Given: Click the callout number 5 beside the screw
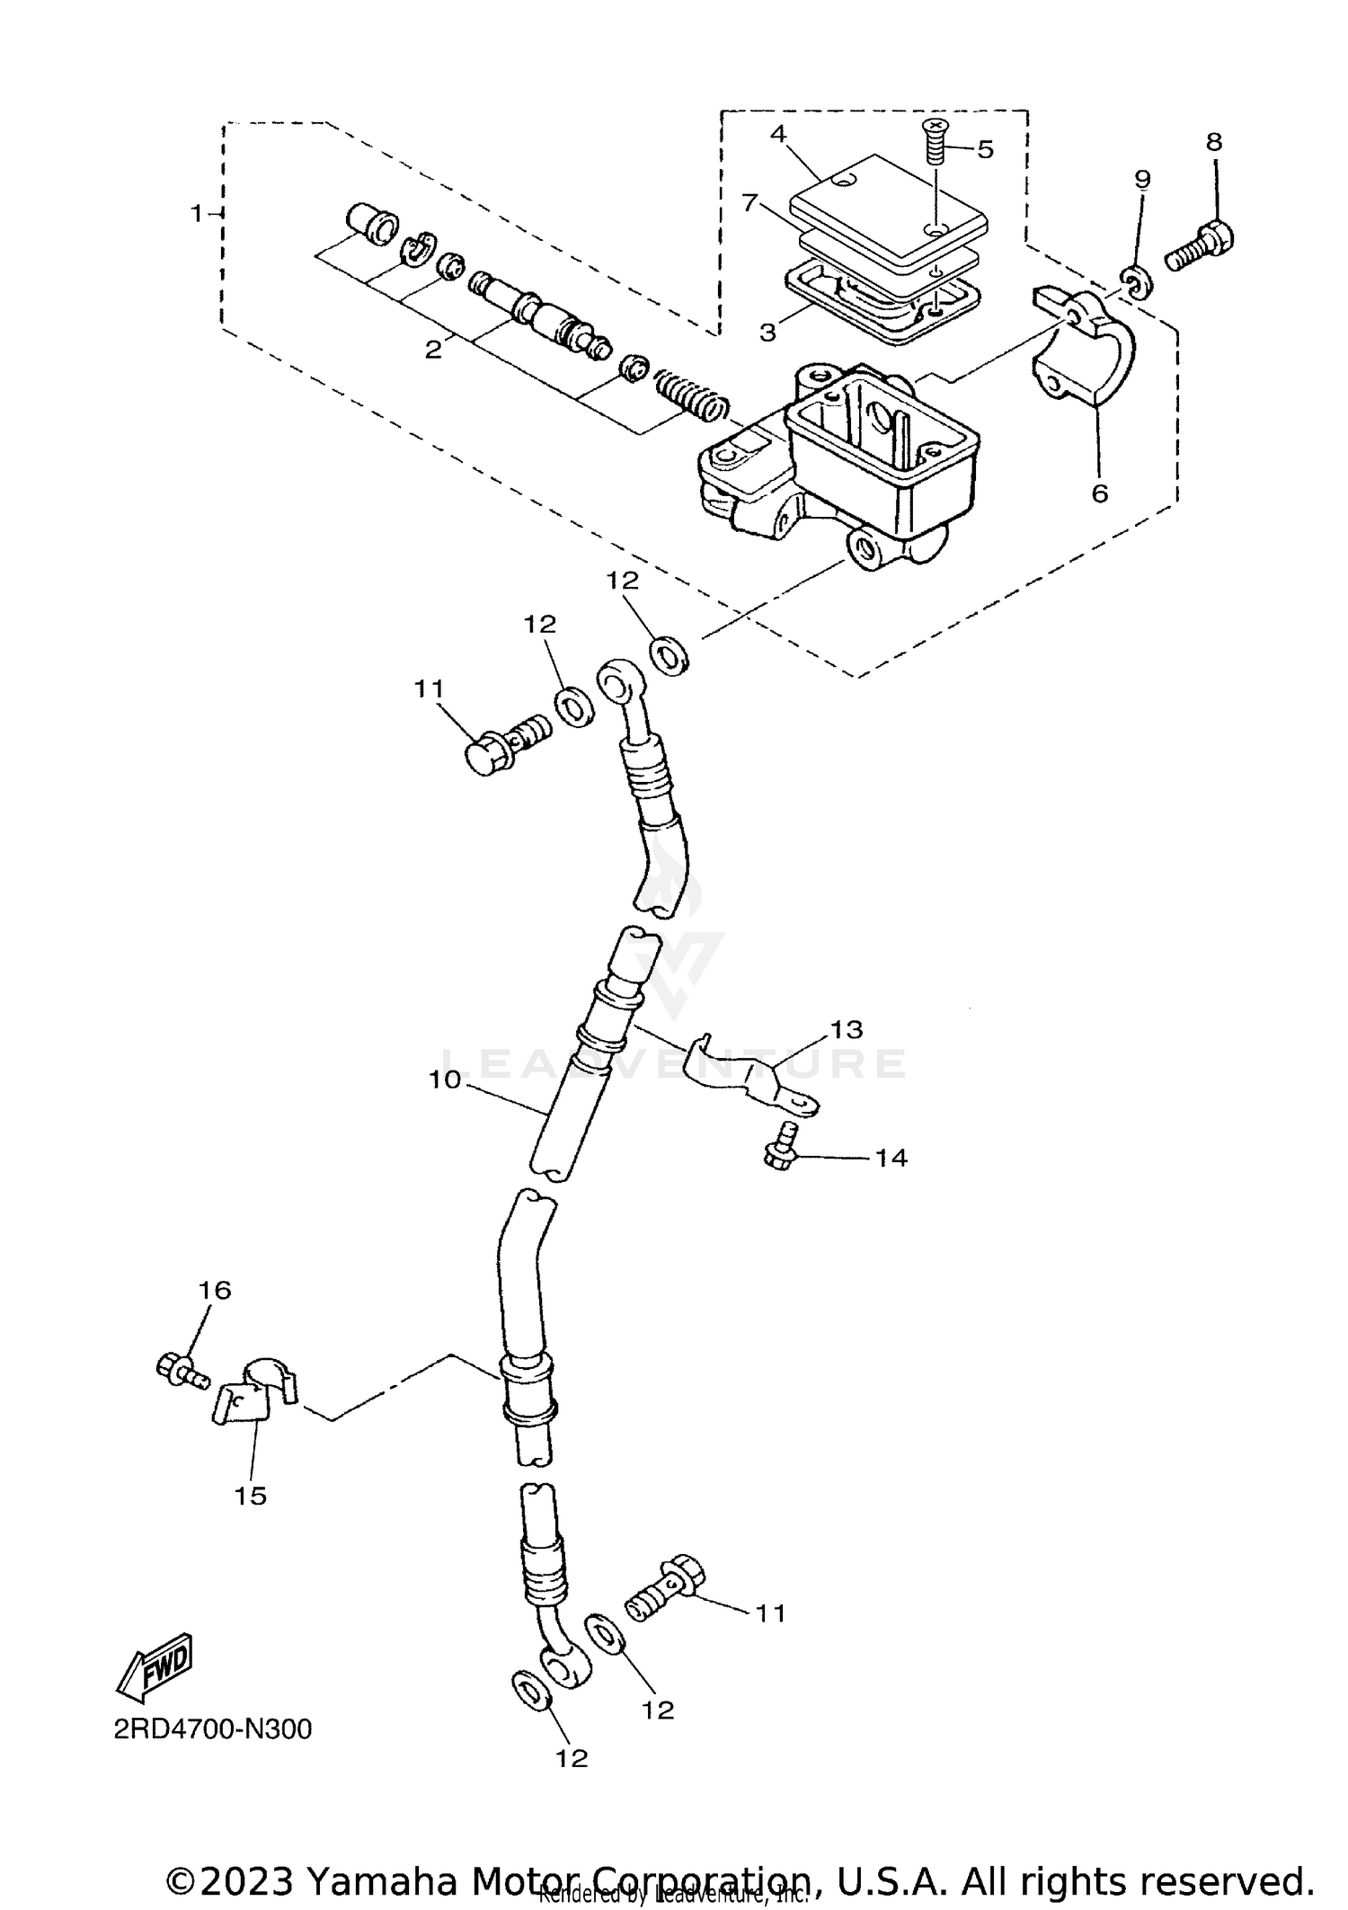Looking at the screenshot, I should click(x=986, y=149).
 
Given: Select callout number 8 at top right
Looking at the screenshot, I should click(x=1214, y=142).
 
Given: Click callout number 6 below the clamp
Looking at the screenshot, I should click(x=1100, y=493).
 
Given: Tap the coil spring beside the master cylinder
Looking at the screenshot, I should click(x=690, y=395).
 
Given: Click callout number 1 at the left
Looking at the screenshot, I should click(x=196, y=213).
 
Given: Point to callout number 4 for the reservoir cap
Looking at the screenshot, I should click(x=777, y=134).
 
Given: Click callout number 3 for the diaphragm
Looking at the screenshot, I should click(x=767, y=333).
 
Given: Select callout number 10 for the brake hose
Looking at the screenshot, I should click(x=444, y=1079).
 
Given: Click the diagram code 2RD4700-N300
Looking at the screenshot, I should click(x=213, y=1728).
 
